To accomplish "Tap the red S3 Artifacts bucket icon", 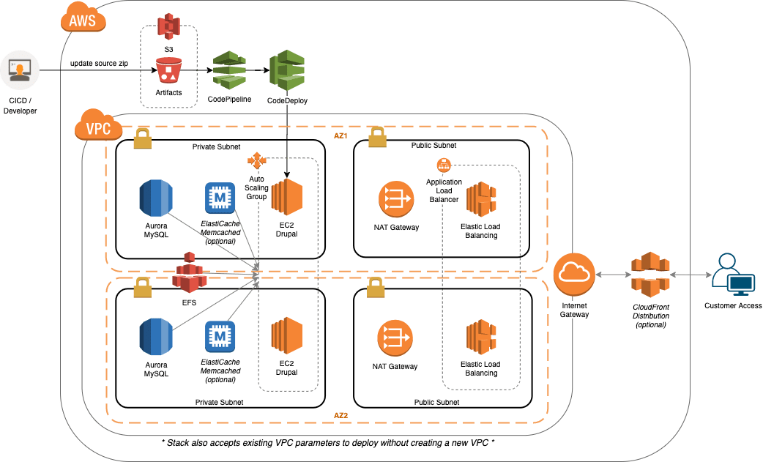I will click(168, 71).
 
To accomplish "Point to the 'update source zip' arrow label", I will click(99, 64).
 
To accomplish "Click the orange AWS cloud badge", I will click(82, 20).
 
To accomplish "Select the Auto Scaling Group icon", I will click(257, 160).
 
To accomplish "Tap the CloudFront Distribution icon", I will click(650, 275).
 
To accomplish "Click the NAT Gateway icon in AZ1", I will click(395, 199).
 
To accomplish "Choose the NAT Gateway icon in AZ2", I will click(395, 339).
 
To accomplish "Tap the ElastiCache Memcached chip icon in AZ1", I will click(220, 198).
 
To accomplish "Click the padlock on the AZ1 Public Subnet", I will click(376, 136).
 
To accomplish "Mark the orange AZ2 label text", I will click(340, 416).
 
